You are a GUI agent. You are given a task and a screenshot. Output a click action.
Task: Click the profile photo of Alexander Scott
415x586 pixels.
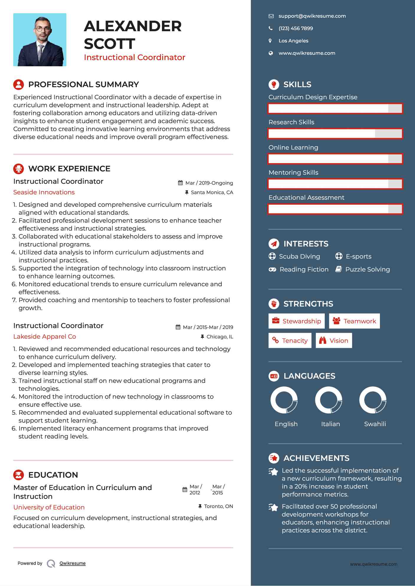[40, 40]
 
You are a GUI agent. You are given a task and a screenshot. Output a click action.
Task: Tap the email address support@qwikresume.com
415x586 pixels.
[312, 16]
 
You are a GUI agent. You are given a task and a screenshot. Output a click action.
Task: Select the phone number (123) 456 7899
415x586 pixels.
[296, 29]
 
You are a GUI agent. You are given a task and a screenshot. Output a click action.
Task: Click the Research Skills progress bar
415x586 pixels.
[335, 134]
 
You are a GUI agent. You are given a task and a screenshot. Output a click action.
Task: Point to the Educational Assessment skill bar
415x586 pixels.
[335, 209]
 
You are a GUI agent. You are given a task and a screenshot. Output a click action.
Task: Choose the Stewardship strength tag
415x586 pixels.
[296, 321]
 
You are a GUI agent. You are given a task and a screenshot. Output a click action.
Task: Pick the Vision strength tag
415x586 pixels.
[334, 341]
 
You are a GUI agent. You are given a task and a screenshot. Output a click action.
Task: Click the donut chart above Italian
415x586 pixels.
[329, 400]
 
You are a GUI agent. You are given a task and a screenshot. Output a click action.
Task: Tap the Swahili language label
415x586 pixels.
[375, 424]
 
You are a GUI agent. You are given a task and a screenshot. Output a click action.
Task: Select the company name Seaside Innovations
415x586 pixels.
[44, 192]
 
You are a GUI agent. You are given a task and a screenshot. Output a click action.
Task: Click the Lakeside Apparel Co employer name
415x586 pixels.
[45, 337]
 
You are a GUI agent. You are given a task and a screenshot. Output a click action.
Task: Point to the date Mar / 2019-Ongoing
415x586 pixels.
[209, 183]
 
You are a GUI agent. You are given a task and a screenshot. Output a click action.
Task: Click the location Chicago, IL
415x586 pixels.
[219, 337]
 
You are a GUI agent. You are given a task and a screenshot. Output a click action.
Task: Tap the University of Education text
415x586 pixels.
[49, 507]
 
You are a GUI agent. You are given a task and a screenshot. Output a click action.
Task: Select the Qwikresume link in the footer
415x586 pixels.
[73, 563]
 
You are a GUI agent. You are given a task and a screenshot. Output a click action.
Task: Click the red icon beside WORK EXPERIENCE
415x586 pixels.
[19, 169]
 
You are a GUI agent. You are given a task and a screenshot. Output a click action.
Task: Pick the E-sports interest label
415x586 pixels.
[358, 256]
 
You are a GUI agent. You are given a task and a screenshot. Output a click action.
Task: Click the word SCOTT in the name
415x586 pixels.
[109, 44]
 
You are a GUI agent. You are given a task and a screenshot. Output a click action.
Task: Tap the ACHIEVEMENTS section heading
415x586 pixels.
[316, 458]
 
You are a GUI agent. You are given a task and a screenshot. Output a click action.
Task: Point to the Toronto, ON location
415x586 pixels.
[218, 506]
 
